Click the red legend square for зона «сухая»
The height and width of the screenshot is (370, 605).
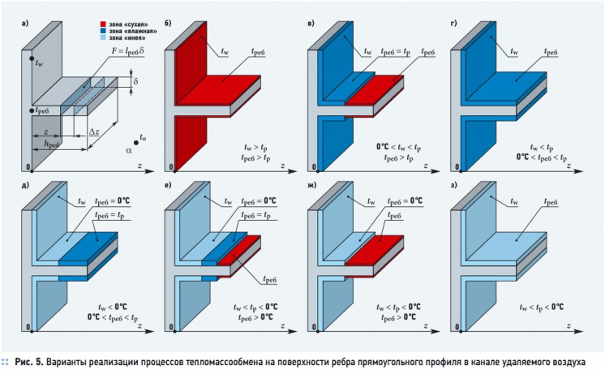pos(103,24)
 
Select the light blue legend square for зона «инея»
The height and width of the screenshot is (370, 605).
pos(103,38)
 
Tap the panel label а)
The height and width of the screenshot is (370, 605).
pos(25,24)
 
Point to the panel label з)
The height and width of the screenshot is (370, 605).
pos(454,185)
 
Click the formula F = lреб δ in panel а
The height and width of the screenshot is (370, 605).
pos(125,51)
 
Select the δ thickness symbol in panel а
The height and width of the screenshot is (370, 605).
pos(135,81)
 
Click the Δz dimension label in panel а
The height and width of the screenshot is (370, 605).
pos(94,131)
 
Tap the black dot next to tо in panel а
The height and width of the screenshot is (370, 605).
pos(136,143)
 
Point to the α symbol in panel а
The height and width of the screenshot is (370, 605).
pos(128,150)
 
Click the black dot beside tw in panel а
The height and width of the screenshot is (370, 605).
pos(32,58)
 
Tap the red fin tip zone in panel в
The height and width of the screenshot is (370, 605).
pos(374,90)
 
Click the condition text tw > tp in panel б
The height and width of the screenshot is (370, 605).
pos(255,147)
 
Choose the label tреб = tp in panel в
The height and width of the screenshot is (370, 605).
pos(395,52)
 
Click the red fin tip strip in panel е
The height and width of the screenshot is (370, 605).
pos(239,250)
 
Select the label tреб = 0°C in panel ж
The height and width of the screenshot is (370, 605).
pos(405,201)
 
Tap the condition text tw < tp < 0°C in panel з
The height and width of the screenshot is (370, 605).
pos(541,307)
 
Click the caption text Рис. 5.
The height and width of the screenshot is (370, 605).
pos(29,362)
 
